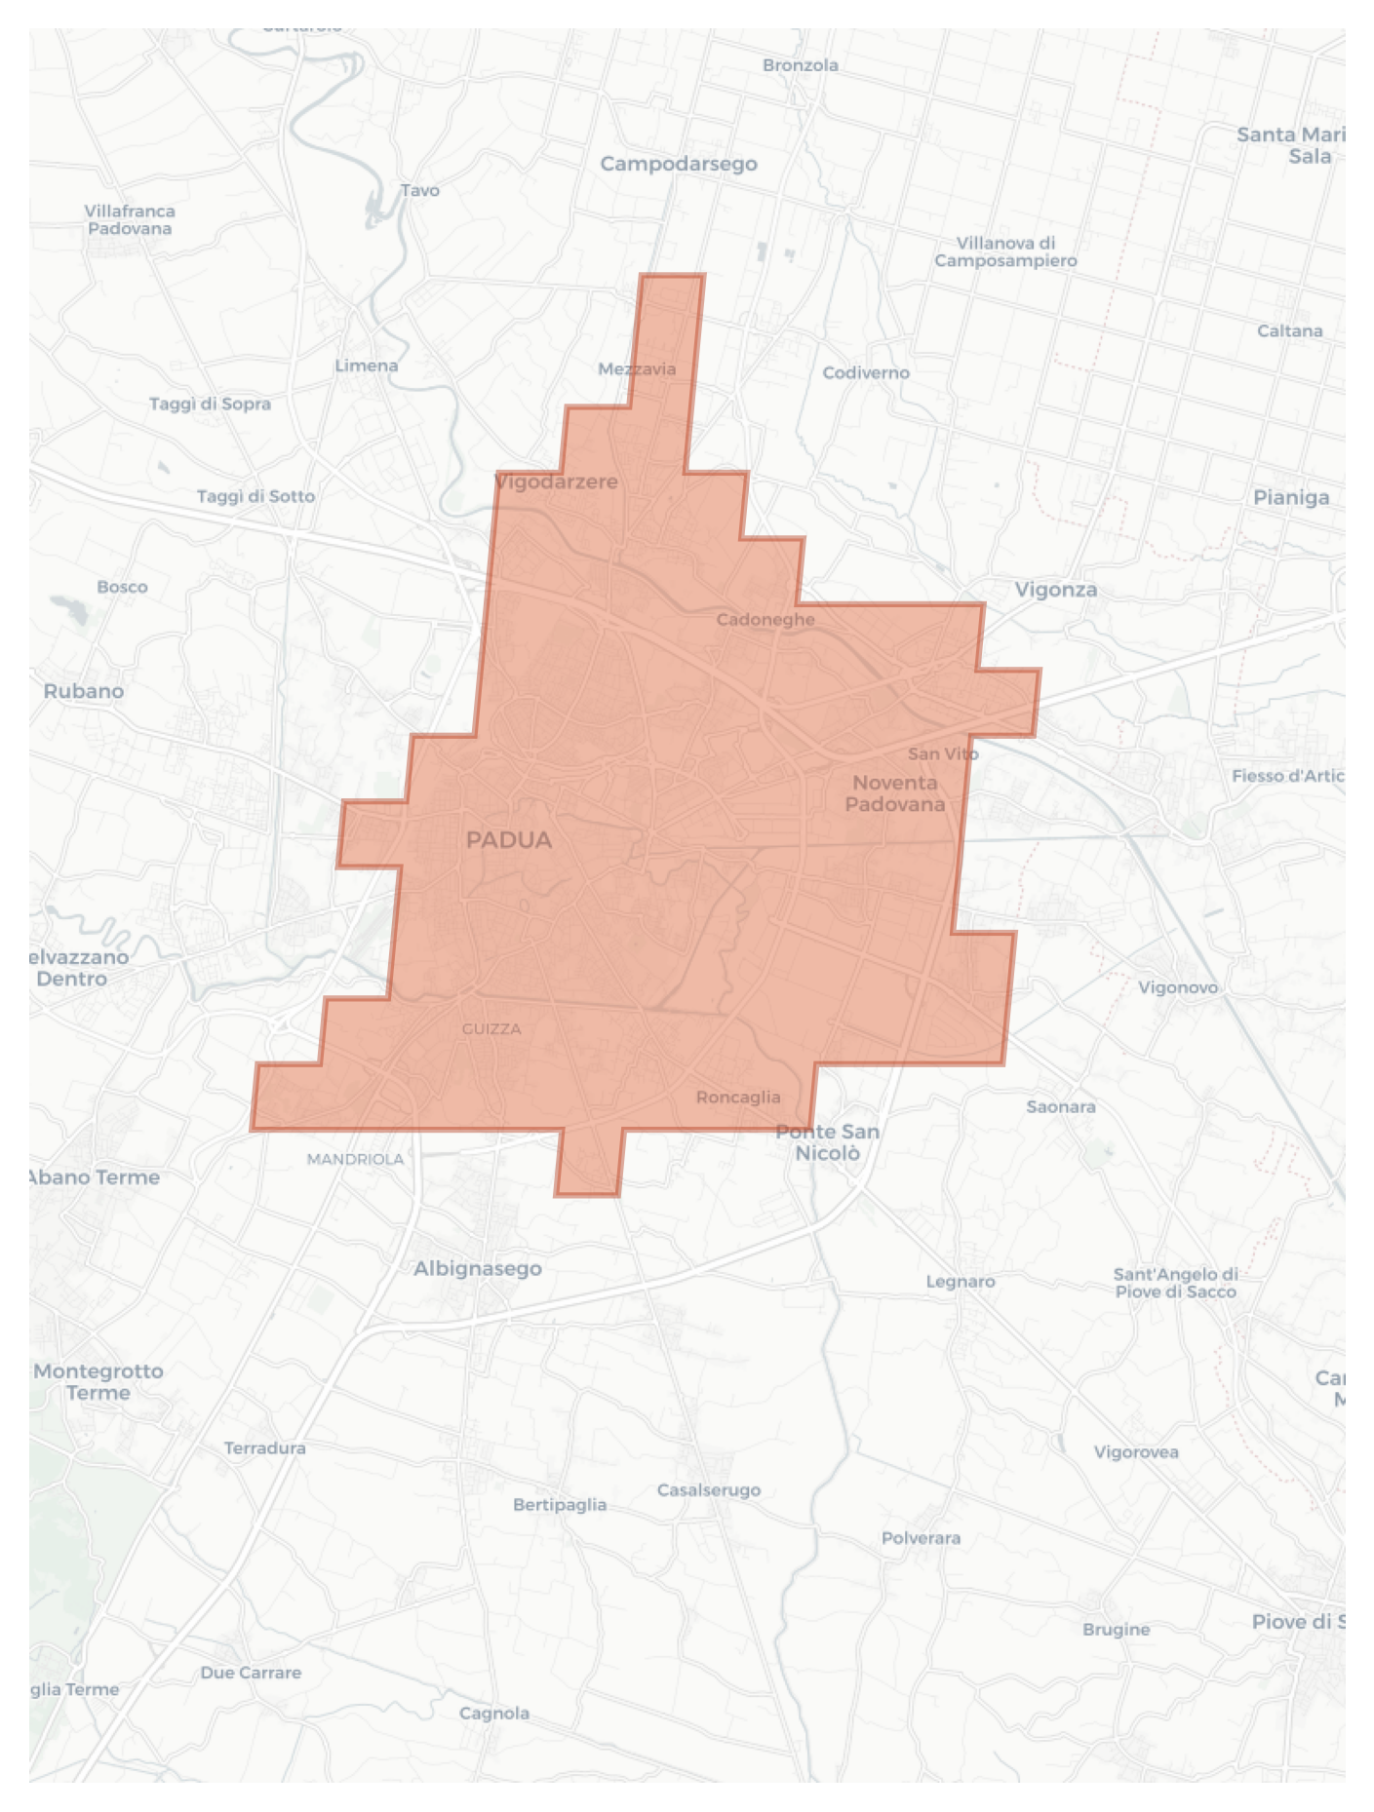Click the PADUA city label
point(509,840)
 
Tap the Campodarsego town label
point(679,164)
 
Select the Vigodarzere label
point(557,482)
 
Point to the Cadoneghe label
point(766,620)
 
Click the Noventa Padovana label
point(894,793)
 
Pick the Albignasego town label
point(477,1269)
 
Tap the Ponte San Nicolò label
point(827,1142)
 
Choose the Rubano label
point(84,691)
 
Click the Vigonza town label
point(1056,590)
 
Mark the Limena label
point(367,366)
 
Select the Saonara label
point(1061,1107)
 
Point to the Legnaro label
point(961,1282)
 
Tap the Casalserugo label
point(709,1490)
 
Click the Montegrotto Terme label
point(98,1382)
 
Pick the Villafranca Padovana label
point(130,220)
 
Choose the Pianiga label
point(1291,498)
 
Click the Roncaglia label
point(738,1098)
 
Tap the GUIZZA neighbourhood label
point(491,1029)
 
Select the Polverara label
point(921,1539)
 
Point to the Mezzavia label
point(637,369)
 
